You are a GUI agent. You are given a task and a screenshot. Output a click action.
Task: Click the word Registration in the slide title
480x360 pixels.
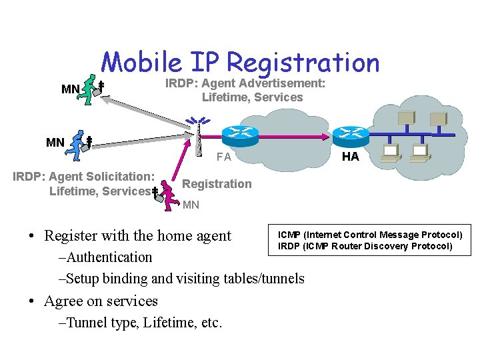coord(303,63)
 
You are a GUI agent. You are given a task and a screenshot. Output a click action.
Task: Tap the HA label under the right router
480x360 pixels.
coord(350,157)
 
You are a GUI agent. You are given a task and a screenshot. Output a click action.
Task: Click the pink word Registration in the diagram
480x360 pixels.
coord(217,184)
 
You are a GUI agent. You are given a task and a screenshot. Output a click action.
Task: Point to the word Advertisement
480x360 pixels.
coord(281,83)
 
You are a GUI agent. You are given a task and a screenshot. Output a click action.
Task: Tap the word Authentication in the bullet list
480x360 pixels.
coord(109,257)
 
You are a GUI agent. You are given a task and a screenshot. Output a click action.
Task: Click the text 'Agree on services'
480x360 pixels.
coord(101,301)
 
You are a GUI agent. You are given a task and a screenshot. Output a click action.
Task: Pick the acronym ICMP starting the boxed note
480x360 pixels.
coord(289,235)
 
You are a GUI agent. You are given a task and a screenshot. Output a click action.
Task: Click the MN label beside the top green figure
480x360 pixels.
coord(70,89)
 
